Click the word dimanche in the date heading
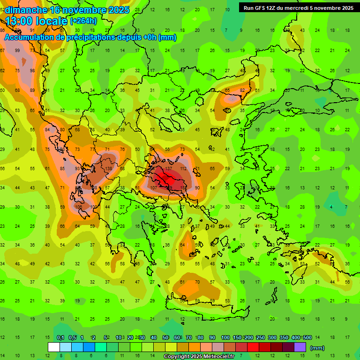coord(26,10)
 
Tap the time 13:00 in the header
coord(22,21)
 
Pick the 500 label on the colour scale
coord(307,337)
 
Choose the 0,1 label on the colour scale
coord(60,337)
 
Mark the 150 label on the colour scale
coord(238,337)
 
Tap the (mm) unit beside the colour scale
coord(317,348)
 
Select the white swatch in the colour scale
coord(54,347)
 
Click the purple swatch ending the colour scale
coord(300,347)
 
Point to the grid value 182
coord(183,187)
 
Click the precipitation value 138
coord(108,168)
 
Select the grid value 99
coord(17,51)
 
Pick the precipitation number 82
coord(242,90)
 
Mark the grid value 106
coord(79,207)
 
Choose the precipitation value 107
coord(154,187)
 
